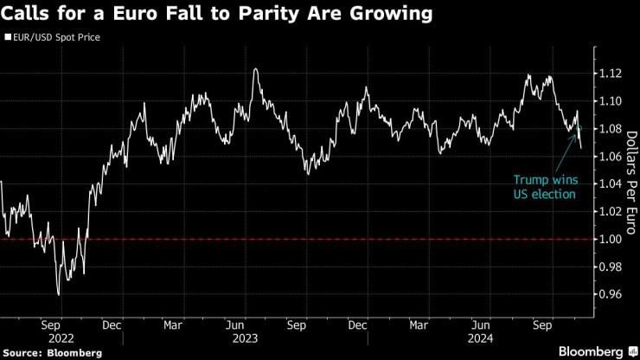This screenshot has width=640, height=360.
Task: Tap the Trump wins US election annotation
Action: point(544,187)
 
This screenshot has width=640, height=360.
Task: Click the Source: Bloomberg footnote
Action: point(52,352)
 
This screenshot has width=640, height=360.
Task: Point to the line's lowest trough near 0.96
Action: point(59,295)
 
